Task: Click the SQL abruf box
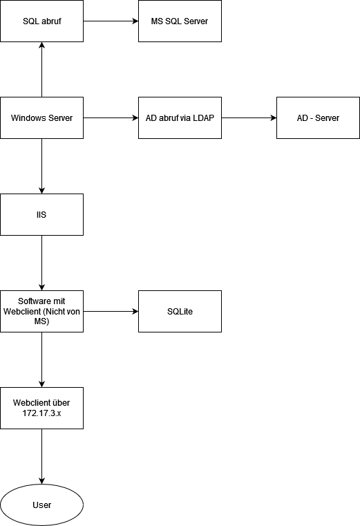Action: point(41,21)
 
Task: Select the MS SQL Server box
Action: point(180,21)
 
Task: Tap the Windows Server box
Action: point(41,118)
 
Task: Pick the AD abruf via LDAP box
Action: point(180,118)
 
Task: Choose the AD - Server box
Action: point(318,118)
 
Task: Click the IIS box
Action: point(41,215)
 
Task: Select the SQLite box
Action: point(180,311)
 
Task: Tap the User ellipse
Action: point(41,505)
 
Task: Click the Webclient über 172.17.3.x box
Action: point(41,408)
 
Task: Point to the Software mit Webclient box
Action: point(41,311)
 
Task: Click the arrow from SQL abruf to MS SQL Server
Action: point(111,21)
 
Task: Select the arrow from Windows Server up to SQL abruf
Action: point(41,69)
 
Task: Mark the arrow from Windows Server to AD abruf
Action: point(111,118)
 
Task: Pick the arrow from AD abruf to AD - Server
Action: point(249,118)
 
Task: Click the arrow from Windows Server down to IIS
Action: point(41,166)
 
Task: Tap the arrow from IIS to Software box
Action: point(41,263)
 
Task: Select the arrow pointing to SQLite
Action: point(111,311)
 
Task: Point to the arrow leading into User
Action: point(41,457)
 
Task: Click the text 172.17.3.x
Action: point(41,413)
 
